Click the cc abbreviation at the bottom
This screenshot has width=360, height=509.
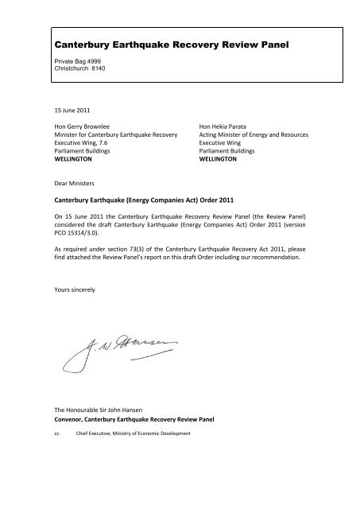click(x=53, y=435)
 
